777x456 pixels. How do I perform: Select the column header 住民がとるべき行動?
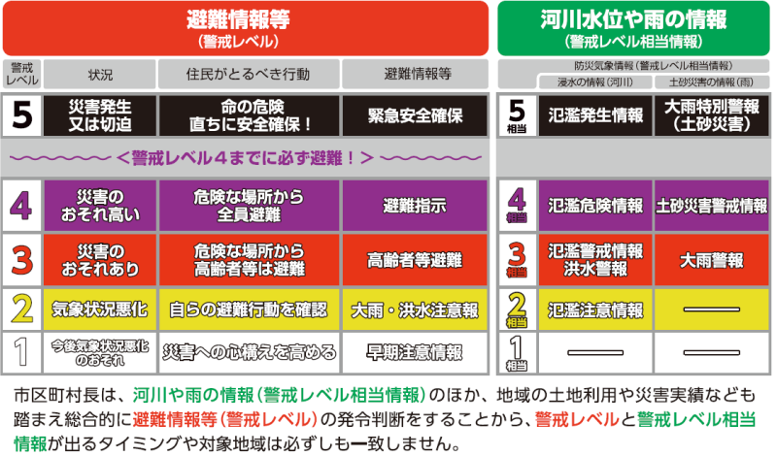point(249,75)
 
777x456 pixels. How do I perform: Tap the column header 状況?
point(100,75)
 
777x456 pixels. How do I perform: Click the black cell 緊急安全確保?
point(415,115)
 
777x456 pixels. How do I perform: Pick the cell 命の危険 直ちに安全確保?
point(249,115)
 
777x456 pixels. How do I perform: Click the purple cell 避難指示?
point(415,206)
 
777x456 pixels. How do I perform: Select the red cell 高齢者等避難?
point(415,260)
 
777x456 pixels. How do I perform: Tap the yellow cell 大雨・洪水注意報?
point(415,310)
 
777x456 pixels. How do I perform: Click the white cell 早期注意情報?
point(415,353)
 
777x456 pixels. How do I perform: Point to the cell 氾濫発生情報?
point(595,115)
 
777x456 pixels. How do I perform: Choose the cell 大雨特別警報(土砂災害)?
point(712,115)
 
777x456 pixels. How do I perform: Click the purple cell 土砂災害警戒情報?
point(712,206)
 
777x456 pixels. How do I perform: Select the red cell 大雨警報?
point(712,260)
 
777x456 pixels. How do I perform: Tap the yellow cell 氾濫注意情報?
point(595,310)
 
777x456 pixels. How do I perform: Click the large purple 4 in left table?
point(21,206)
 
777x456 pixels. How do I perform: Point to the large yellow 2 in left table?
point(21,309)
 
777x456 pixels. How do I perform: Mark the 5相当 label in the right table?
point(517,115)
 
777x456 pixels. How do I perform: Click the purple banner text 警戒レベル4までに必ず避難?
point(246,158)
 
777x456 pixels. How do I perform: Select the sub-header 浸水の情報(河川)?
point(595,82)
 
